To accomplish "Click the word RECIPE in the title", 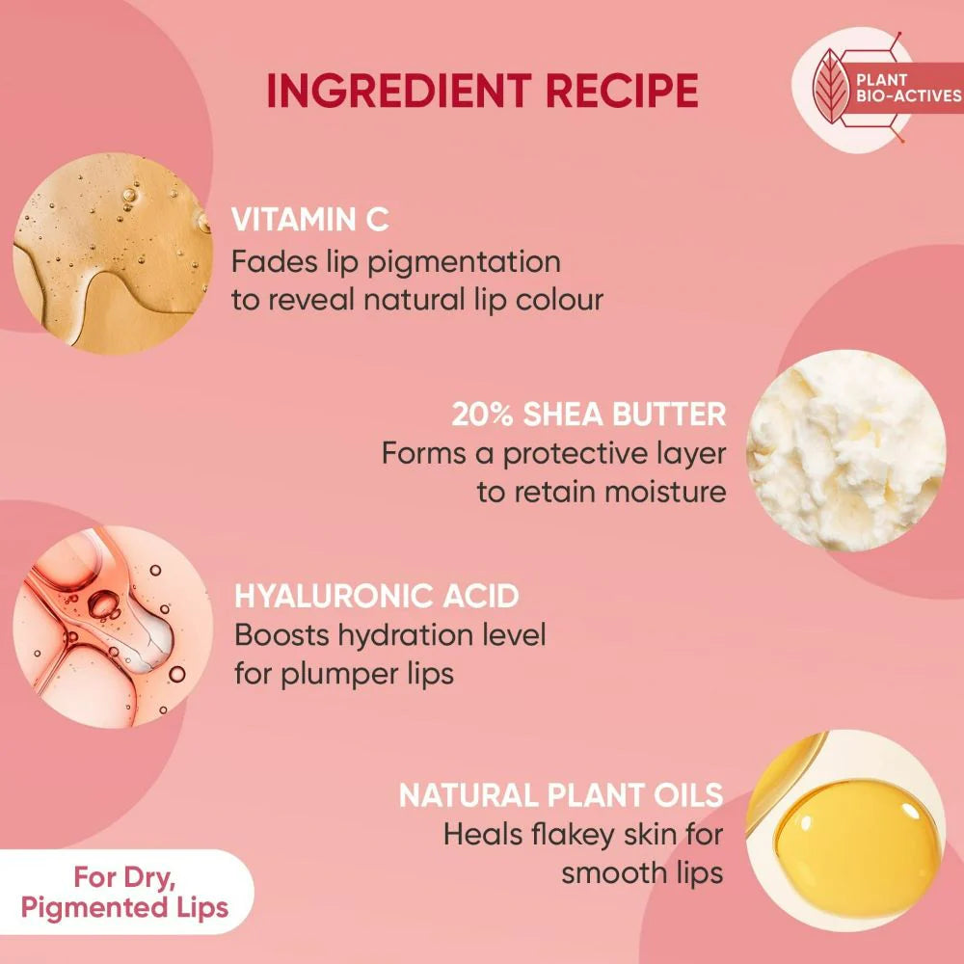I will tap(622, 91).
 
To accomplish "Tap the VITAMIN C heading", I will tap(309, 219).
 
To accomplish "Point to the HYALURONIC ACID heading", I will tap(377, 596).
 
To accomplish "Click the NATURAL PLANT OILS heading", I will tap(561, 795).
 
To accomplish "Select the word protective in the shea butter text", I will tap(573, 453).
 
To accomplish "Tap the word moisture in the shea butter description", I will tap(664, 492).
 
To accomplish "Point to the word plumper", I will tap(356, 673).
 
